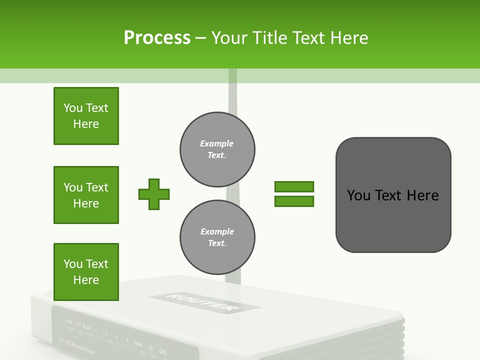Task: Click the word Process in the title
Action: pos(157,38)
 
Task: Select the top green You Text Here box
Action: pos(86,116)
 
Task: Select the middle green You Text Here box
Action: pos(86,195)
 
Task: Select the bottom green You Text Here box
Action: pos(86,271)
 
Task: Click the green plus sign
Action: pos(154,194)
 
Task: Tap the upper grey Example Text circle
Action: pos(217,149)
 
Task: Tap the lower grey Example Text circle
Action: pos(217,237)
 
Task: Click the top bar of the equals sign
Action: pos(294,186)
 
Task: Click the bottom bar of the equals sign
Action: pos(294,201)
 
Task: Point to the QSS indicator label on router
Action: pos(163,351)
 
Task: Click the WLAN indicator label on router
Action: pos(87,328)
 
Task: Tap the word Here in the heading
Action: pos(348,38)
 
